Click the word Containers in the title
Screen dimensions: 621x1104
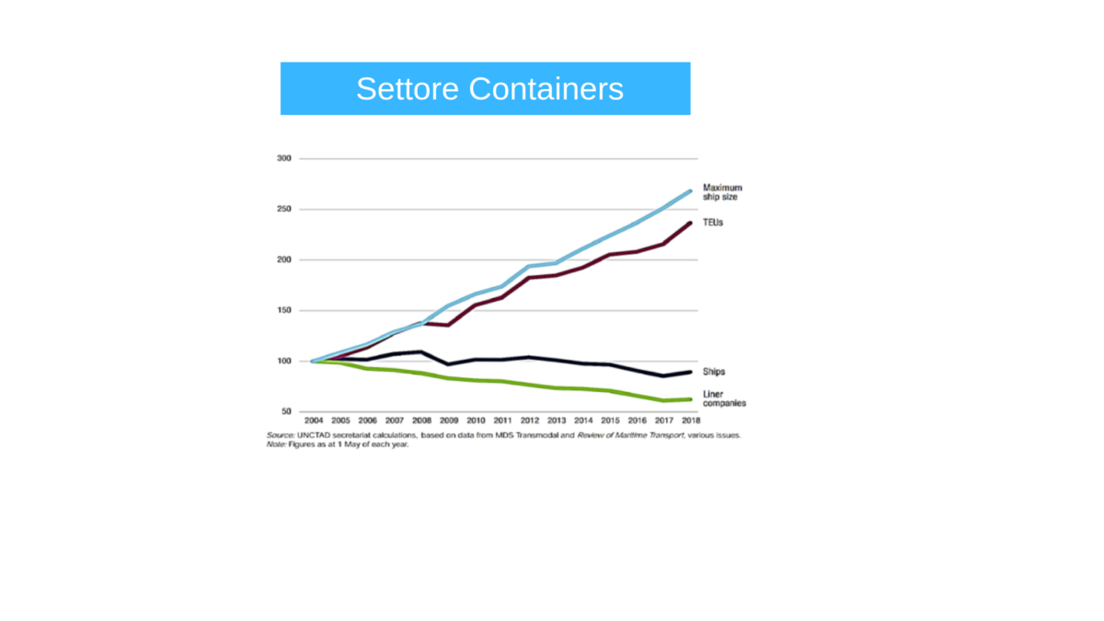coord(546,89)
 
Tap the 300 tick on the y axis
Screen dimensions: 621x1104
coord(283,158)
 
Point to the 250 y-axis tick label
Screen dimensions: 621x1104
coord(283,209)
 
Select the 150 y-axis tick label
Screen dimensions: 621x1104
coord(283,310)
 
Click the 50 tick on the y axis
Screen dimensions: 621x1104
coord(285,411)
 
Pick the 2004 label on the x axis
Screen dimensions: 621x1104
coord(314,421)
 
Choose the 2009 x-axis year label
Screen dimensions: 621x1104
coord(448,421)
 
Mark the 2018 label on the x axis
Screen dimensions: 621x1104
coord(690,421)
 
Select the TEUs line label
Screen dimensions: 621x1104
coord(713,223)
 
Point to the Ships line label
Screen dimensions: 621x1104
coord(714,372)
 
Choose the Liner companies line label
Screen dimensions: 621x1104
coord(724,398)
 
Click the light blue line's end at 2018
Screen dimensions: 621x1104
coord(691,191)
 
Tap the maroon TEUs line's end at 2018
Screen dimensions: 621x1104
coord(691,223)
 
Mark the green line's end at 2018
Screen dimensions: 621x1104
coord(691,399)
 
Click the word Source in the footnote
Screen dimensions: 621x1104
coord(280,434)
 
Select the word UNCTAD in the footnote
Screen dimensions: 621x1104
coord(313,434)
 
